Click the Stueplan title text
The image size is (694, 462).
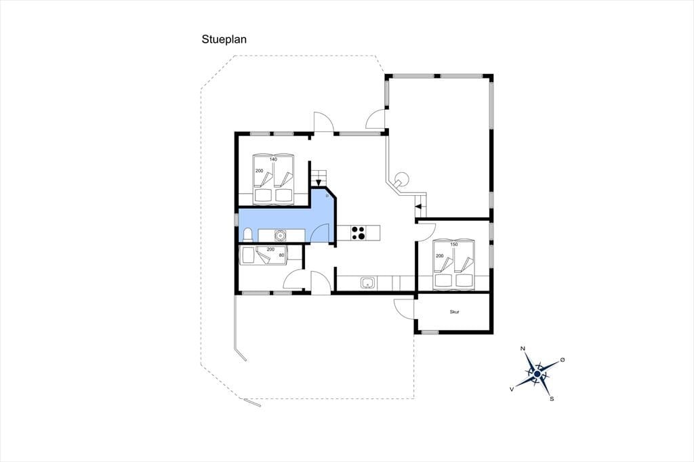[x=224, y=39]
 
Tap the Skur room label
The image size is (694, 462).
[x=454, y=312]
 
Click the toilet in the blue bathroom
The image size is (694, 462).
[x=248, y=234]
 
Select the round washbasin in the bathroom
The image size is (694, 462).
[x=280, y=236]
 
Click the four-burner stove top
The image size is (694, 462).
[x=359, y=232]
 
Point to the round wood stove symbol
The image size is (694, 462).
[x=402, y=178]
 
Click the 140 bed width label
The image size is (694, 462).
[x=273, y=159]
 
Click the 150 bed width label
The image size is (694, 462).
[x=453, y=245]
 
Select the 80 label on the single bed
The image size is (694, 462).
[x=281, y=255]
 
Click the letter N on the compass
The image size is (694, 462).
[x=523, y=349]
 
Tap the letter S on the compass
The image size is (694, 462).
[x=552, y=399]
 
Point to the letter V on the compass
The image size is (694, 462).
[x=512, y=389]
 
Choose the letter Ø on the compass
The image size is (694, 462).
[x=563, y=360]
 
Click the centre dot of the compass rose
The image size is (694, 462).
[x=537, y=375]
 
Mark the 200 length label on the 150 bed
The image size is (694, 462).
[x=439, y=256]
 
